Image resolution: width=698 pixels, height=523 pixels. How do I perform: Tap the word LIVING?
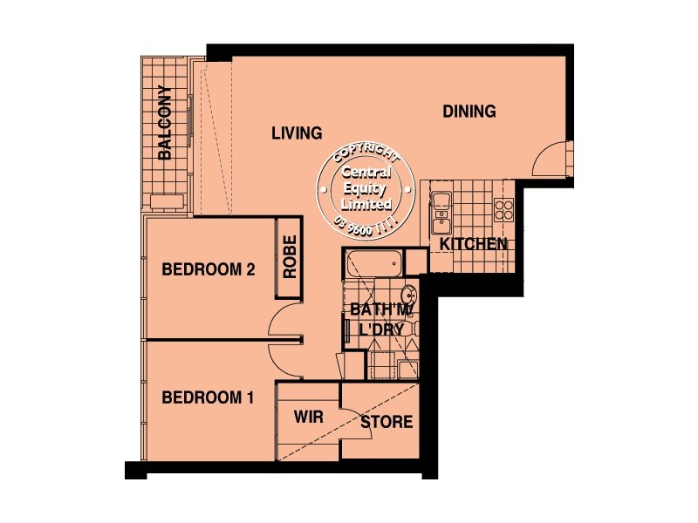[x=296, y=133]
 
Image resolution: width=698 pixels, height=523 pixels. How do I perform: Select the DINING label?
[x=469, y=112]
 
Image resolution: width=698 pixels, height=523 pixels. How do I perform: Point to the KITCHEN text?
[x=473, y=244]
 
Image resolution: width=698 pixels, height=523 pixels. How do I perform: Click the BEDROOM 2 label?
[x=209, y=270]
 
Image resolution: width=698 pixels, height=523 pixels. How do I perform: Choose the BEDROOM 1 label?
[x=209, y=398]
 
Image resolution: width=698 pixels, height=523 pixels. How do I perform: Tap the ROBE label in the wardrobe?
[x=289, y=257]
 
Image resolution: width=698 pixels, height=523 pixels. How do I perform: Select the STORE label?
[x=386, y=423]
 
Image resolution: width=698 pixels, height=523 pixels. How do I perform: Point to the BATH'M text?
[x=380, y=310]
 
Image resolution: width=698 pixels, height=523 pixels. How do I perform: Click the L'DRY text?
[x=380, y=331]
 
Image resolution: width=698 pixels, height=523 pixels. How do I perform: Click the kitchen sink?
[x=441, y=204]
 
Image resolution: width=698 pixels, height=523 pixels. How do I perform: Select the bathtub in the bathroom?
[x=373, y=260]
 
